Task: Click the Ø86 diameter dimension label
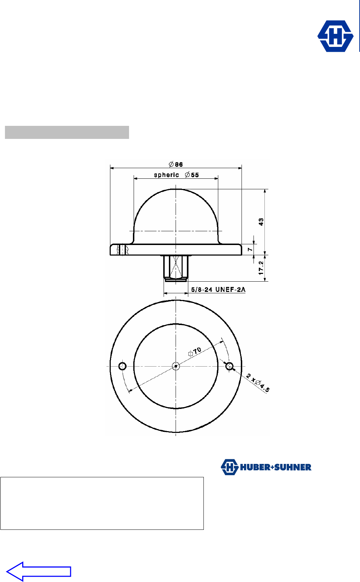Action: click(176, 164)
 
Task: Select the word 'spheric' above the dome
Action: click(166, 175)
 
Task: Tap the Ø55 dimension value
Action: click(192, 175)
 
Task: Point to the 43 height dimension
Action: click(261, 222)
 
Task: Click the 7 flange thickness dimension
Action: click(250, 250)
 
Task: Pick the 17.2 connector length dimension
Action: click(261, 268)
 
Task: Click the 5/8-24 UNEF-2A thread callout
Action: click(218, 289)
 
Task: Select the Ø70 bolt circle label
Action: click(195, 351)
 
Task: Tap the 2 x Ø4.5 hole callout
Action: click(258, 383)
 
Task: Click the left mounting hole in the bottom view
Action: click(122, 366)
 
